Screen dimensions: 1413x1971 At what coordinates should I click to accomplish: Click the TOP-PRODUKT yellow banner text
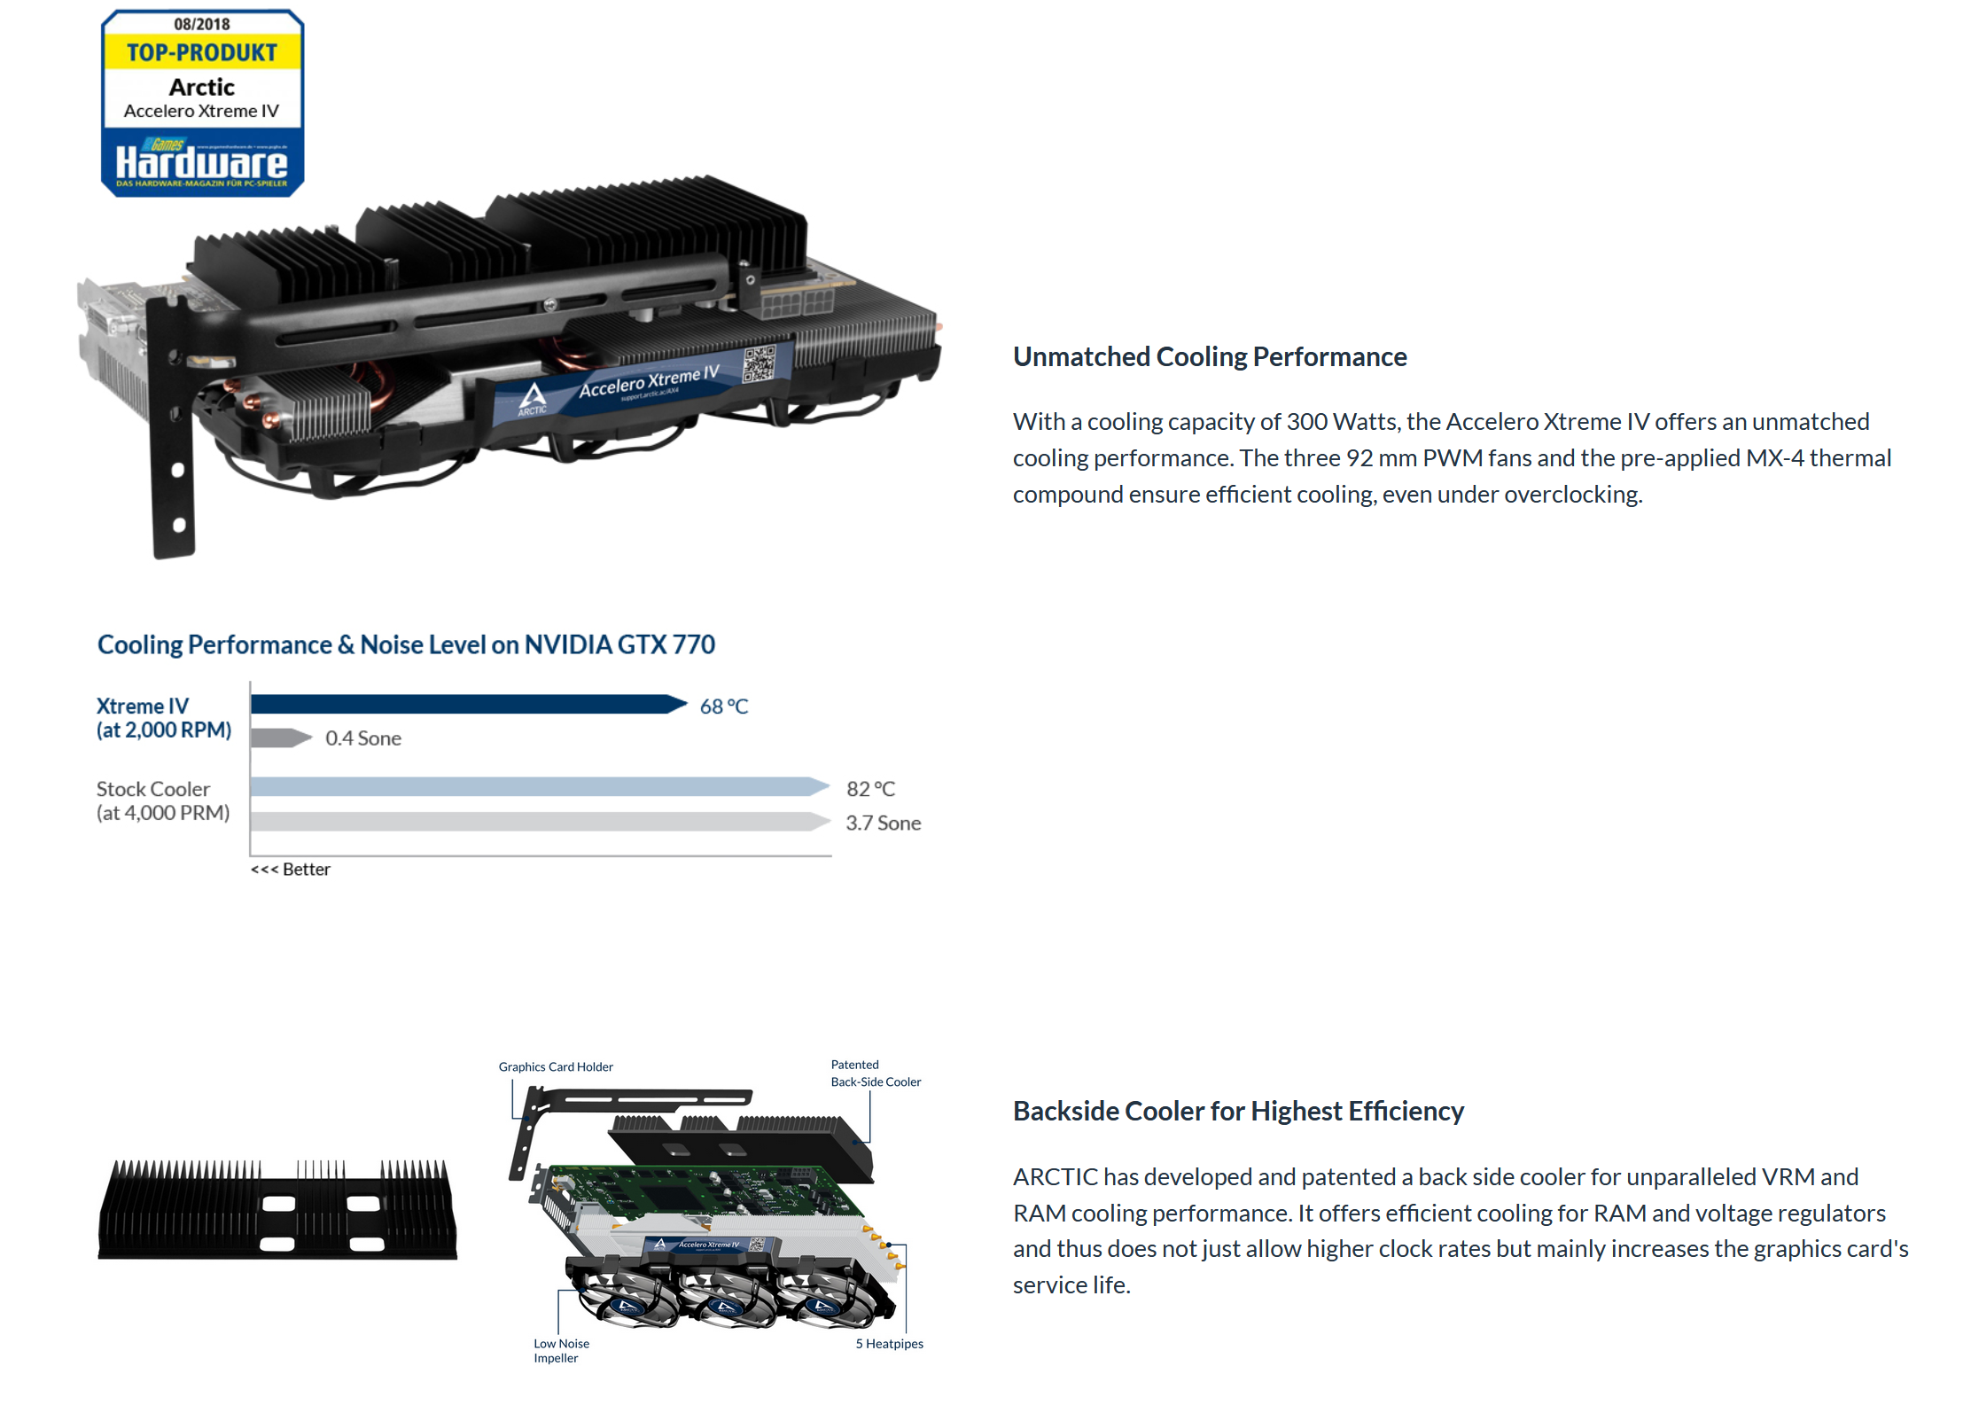click(202, 52)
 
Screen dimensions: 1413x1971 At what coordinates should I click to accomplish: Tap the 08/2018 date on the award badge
click(202, 24)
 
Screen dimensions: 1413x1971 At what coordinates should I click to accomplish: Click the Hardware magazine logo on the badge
click(202, 162)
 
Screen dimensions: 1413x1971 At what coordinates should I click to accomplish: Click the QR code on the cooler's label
click(759, 363)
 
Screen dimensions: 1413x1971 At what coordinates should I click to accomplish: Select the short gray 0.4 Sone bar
click(280, 738)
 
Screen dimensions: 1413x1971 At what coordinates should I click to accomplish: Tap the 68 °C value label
click(724, 706)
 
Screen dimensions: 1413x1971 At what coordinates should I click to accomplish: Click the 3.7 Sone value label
click(883, 824)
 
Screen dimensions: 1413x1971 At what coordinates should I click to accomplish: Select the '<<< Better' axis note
click(291, 870)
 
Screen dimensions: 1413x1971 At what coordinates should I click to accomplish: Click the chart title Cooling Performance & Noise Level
click(406, 644)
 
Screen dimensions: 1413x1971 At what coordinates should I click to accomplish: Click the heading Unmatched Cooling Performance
click(1210, 356)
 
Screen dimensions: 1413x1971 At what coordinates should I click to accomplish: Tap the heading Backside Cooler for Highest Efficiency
click(1238, 1111)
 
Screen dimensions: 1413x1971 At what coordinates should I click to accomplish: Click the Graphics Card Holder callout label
click(556, 1066)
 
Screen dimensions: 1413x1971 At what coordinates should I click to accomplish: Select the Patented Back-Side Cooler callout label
click(876, 1073)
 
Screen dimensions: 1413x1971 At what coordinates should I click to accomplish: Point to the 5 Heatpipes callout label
click(889, 1344)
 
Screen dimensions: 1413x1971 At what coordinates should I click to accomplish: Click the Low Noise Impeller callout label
click(561, 1350)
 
